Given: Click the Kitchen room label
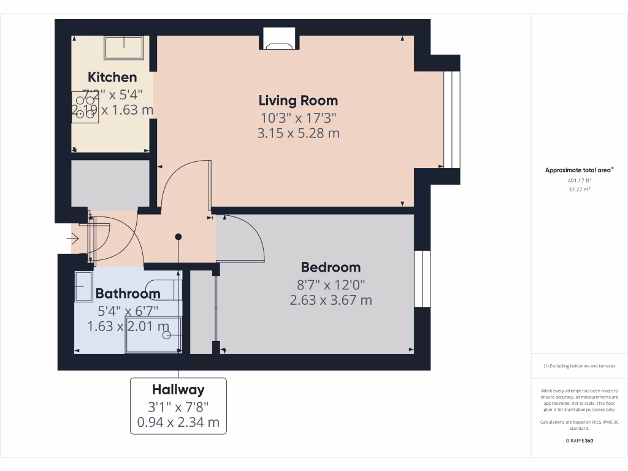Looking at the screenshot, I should tap(112, 77).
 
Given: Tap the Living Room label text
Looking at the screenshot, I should tap(298, 101).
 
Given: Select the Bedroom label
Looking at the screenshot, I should tap(331, 267).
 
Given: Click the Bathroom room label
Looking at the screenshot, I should tap(128, 294).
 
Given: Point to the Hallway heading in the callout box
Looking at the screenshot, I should tap(178, 389).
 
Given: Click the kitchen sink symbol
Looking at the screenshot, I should tap(125, 48).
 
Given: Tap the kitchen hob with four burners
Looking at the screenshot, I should tap(85, 108).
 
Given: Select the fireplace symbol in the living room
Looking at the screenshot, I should tap(279, 40).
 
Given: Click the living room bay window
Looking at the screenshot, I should tap(451, 120).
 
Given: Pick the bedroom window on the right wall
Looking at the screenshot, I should tap(423, 279).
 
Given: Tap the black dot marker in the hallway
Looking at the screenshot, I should tap(178, 237).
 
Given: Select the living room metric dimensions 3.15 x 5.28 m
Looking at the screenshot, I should tap(298, 133).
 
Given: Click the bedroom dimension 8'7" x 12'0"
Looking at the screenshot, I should tap(331, 285).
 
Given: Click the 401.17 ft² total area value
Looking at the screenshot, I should tap(579, 181).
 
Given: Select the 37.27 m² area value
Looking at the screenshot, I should tap(579, 190).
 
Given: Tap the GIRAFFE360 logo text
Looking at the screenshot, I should tap(579, 441).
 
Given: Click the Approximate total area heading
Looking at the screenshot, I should tap(579, 170).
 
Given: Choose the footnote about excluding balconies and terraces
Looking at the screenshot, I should tap(579, 366).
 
